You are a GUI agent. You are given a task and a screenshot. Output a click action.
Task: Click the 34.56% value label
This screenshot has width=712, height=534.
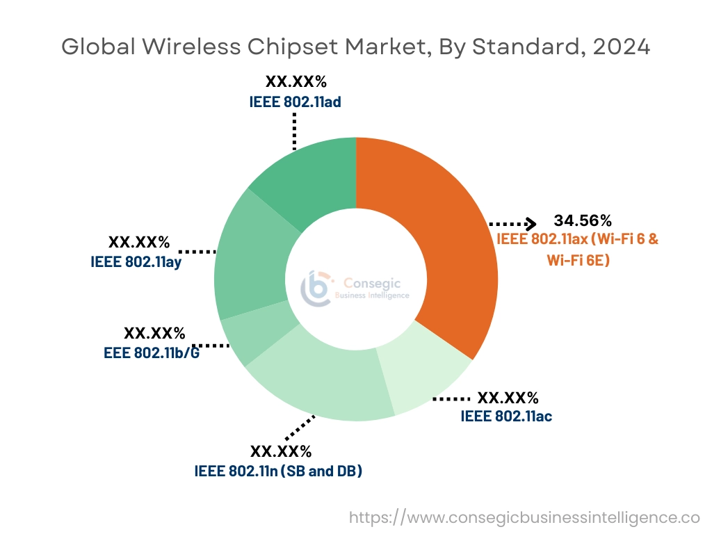(x=583, y=221)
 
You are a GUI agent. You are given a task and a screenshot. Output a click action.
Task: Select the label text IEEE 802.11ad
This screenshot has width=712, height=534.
(x=296, y=102)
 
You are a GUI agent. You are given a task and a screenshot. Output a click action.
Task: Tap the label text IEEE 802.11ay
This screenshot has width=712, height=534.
(x=136, y=262)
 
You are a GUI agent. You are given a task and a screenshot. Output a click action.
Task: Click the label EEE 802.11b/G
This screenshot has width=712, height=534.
(x=152, y=352)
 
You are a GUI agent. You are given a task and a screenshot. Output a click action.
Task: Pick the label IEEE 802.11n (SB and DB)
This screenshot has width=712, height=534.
(x=278, y=471)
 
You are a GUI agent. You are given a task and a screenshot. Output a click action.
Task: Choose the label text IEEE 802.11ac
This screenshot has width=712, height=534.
(x=506, y=416)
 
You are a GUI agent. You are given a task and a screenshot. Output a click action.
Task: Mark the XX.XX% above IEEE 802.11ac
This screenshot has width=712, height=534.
(x=508, y=398)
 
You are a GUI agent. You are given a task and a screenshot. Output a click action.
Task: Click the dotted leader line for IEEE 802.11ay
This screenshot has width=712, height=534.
(x=197, y=251)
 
